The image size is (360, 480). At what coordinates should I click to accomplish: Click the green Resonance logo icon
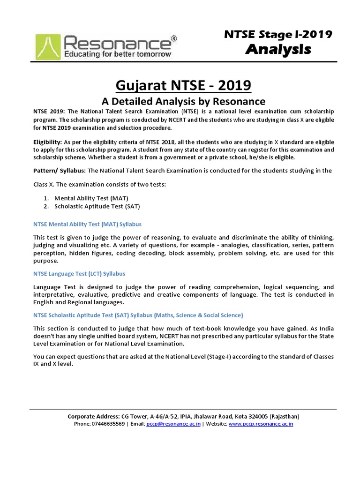[47, 45]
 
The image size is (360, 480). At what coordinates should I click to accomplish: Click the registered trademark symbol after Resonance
[174, 37]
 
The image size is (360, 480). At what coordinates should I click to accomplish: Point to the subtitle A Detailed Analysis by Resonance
[184, 101]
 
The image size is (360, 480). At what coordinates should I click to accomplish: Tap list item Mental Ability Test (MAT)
[91, 198]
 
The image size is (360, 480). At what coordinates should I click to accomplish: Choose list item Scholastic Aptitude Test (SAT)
[97, 206]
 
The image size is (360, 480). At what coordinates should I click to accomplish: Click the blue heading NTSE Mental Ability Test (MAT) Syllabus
[87, 225]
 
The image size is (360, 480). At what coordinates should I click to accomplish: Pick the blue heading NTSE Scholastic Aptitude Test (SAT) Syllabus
[138, 315]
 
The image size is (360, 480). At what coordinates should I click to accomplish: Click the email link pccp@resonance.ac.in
[173, 424]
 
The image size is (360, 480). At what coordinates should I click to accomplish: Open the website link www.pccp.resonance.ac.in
[261, 424]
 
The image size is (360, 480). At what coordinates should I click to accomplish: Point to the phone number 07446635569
[108, 424]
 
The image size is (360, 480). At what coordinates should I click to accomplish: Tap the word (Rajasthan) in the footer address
[281, 416]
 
